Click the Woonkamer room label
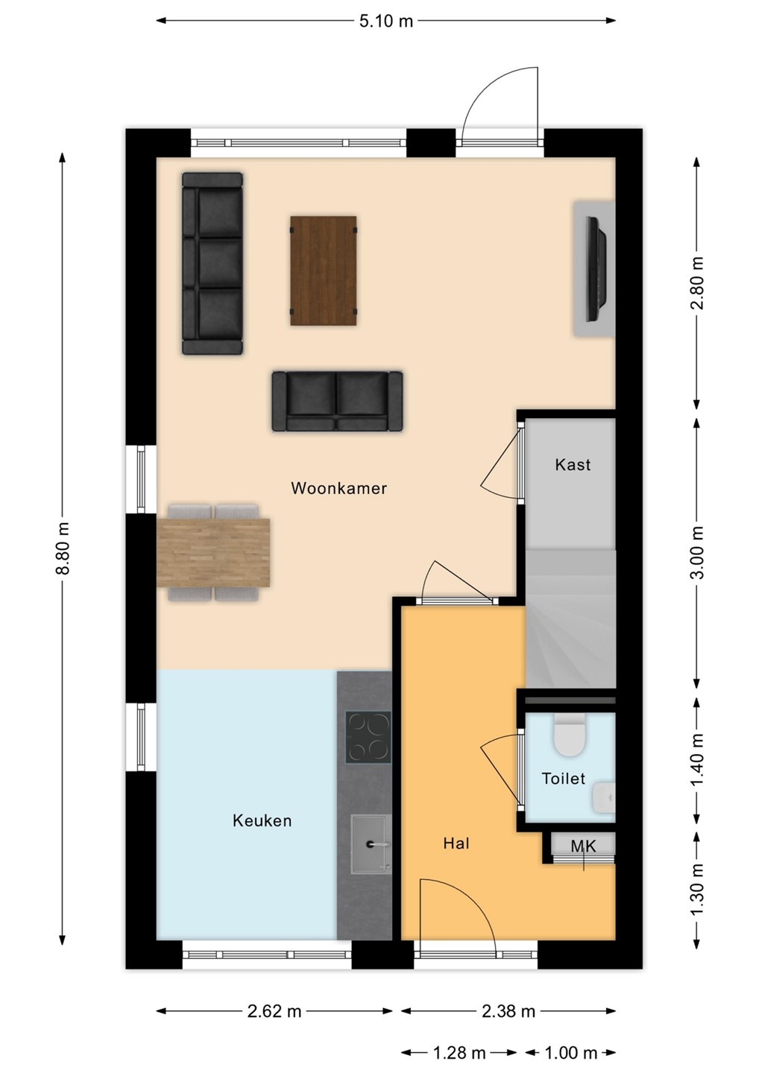click(x=338, y=488)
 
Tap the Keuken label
click(x=262, y=820)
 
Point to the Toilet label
click(x=564, y=778)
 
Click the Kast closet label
click(x=573, y=464)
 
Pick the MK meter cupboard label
click(x=583, y=859)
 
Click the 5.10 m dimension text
click(x=386, y=21)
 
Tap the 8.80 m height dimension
click(x=63, y=548)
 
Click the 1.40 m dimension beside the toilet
click(x=697, y=759)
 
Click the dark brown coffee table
click(x=324, y=270)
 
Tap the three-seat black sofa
click(x=212, y=264)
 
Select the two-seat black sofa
click(x=337, y=401)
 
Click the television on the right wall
click(x=597, y=269)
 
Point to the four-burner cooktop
click(x=368, y=737)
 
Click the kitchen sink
click(x=371, y=843)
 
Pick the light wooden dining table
click(x=213, y=552)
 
